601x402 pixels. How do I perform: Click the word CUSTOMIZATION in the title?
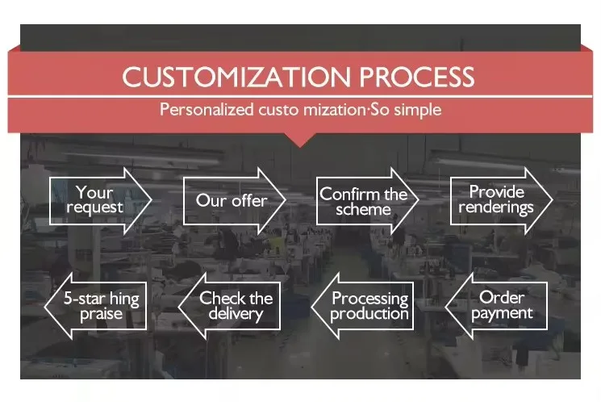236,77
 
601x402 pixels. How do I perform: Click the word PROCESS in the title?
417,77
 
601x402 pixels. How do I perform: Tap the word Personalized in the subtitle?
207,110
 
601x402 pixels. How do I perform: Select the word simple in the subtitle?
418,110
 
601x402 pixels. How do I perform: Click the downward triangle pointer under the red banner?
300,140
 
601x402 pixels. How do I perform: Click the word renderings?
496,208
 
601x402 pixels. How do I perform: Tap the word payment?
502,314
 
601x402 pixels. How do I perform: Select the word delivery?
236,314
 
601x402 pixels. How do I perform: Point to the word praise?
101,314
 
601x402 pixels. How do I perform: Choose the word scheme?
363,209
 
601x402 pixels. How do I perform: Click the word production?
369,314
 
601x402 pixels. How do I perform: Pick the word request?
94,207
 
